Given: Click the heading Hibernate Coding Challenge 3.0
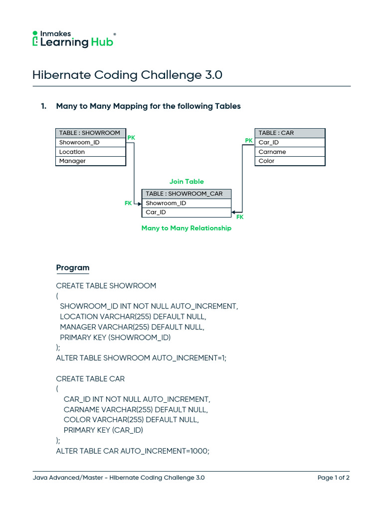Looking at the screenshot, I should coord(127,75).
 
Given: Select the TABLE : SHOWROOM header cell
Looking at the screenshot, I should coord(90,133).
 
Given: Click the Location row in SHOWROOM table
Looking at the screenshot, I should coord(90,152).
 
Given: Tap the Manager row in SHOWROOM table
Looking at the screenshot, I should coord(90,161).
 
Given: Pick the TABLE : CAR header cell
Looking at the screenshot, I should coord(290,133).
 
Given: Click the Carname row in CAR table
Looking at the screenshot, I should coord(290,152).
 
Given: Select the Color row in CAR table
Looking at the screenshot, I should coord(290,161).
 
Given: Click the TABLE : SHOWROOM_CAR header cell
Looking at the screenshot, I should coord(187,194).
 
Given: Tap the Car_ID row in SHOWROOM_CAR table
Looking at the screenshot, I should coord(187,213).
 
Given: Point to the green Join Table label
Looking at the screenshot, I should coord(187,182).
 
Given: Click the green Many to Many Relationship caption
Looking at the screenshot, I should coord(187,228).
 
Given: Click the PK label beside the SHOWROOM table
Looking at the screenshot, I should coord(131,137).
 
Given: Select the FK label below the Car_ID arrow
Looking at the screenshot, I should coord(240,217).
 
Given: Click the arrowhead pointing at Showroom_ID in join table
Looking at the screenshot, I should coord(140,203).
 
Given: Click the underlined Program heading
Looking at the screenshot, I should coord(73,268).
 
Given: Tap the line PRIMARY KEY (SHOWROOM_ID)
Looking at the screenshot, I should coord(115,338).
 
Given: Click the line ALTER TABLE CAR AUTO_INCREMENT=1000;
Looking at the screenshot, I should coord(133,451).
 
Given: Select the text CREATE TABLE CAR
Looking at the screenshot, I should coord(90,379).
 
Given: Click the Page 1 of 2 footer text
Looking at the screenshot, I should coord(333,478).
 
